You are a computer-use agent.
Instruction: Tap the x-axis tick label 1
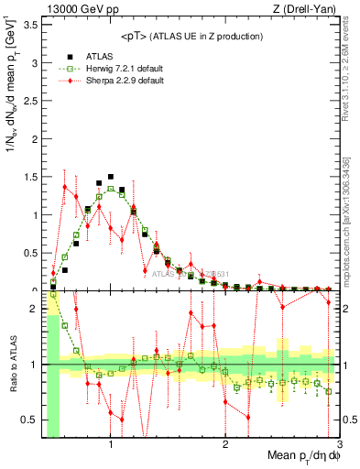[x=111, y=445]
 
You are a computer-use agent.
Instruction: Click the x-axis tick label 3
[x=340, y=445]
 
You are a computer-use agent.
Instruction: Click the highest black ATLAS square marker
[x=111, y=177]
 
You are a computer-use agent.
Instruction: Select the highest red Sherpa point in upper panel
[x=64, y=187]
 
